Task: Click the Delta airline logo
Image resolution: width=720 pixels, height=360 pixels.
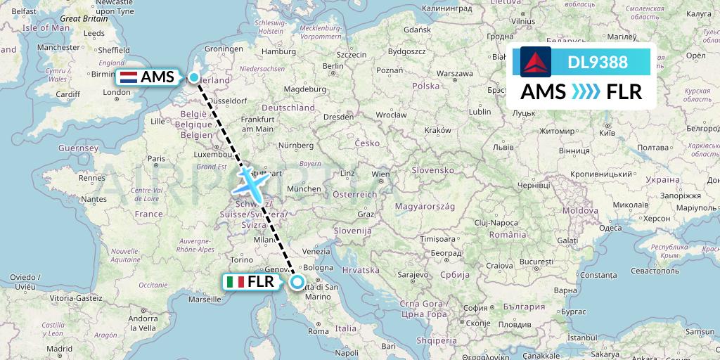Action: pos(536,62)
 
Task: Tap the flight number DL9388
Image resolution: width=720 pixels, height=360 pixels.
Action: pos(598,62)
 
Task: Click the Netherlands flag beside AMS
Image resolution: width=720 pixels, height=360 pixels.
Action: pos(129,77)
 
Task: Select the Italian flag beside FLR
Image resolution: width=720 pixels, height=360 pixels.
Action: pos(235,282)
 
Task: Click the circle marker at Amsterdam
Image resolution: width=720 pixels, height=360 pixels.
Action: pos(193,77)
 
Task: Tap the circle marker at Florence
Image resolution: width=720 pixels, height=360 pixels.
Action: pos(297,282)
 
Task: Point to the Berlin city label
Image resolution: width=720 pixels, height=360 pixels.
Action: pos(333,65)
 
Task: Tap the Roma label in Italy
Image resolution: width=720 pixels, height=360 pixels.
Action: pos(318,331)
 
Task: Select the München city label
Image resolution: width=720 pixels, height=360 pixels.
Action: pos(304,189)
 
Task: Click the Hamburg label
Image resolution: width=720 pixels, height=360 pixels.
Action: pos(278,51)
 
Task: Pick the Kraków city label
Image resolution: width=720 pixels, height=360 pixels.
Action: pos(437,130)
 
